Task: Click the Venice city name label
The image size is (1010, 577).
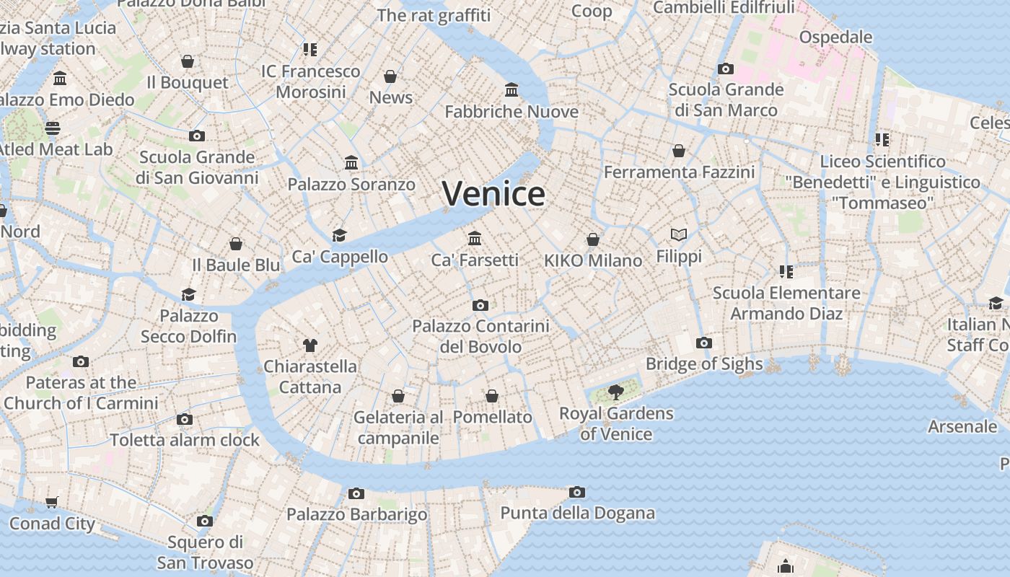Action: point(493,194)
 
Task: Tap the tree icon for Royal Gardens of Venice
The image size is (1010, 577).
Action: point(615,392)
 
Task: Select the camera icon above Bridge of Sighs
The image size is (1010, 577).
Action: point(704,343)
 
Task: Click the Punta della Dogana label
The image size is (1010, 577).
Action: point(578,514)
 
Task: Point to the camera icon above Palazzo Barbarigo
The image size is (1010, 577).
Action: point(356,494)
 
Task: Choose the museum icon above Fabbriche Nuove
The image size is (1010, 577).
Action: point(511,90)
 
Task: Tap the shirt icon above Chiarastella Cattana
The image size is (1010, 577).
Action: point(310,345)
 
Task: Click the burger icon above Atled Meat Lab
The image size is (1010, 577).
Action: point(53,128)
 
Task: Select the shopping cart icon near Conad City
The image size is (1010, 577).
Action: point(51,502)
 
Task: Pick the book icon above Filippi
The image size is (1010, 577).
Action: point(679,234)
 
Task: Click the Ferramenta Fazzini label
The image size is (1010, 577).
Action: point(679,172)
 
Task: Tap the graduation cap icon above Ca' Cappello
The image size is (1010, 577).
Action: point(339,235)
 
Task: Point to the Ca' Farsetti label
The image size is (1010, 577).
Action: point(475,260)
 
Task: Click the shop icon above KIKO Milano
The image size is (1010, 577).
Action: point(593,239)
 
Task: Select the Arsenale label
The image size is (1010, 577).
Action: point(962,426)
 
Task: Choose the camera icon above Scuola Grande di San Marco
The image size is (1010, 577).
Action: point(726,69)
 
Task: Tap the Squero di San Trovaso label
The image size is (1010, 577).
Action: point(206,552)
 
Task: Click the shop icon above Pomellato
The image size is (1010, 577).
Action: point(492,396)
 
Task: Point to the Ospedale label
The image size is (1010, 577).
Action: point(835,37)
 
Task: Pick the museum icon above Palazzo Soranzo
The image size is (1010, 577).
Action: point(351,163)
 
